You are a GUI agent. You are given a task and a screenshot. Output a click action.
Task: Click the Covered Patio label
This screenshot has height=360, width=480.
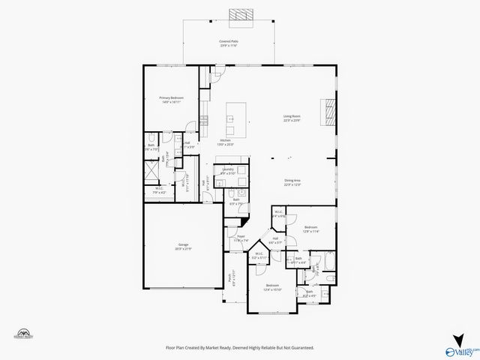point(229,43)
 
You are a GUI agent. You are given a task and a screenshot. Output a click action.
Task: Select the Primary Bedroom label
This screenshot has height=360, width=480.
point(172,100)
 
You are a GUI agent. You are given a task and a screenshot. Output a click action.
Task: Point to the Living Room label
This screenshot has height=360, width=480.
point(292,118)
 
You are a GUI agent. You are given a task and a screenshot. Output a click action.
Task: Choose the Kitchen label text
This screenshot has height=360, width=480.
point(225,142)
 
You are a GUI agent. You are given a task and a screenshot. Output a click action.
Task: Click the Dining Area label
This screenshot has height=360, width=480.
point(292,182)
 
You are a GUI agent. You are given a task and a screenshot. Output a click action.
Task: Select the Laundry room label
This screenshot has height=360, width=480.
point(228,172)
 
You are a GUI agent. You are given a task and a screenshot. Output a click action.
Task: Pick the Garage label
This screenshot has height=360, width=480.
point(183,247)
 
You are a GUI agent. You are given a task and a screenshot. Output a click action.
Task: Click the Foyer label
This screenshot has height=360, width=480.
point(241,238)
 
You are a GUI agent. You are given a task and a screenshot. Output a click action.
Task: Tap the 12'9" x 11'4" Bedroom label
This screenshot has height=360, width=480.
point(310,229)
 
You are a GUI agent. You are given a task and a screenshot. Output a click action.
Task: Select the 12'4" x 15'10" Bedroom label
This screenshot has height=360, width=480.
point(272,286)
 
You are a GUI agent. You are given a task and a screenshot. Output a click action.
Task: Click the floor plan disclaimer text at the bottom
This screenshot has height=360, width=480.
point(239,348)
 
